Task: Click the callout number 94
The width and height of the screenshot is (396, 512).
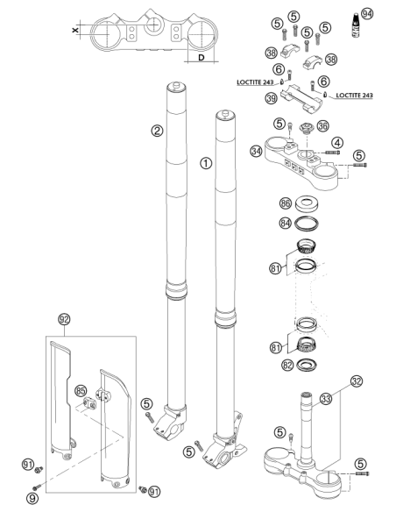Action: pos(367,14)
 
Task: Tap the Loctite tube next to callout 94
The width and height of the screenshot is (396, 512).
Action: pos(357,25)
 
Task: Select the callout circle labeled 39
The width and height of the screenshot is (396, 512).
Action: pos(272,98)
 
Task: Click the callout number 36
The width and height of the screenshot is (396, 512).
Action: pos(323,125)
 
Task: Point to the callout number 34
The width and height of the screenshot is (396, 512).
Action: pos(257,151)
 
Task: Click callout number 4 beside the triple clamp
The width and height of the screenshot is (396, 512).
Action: pos(337,143)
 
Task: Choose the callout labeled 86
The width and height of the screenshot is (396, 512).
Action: pos(285,203)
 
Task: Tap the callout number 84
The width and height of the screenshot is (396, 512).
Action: pos(285,223)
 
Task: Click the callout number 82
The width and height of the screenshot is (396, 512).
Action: pos(287,365)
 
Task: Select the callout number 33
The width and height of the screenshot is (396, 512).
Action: pos(326,399)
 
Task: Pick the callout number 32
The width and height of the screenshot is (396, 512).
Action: pos(357,381)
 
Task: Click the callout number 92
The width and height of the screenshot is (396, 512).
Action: pos(64,319)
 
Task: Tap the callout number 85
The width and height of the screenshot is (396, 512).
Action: pos(81,390)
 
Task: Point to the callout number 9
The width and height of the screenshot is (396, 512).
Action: pos(32,498)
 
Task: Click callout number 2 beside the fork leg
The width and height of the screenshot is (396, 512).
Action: pos(157,132)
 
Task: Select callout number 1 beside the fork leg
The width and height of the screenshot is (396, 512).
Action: pos(206,163)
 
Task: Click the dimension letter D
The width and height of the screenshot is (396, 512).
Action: pos(202,58)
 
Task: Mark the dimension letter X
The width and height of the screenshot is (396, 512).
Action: pos(75,30)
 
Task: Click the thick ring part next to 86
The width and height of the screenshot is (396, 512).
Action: pos(307,203)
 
